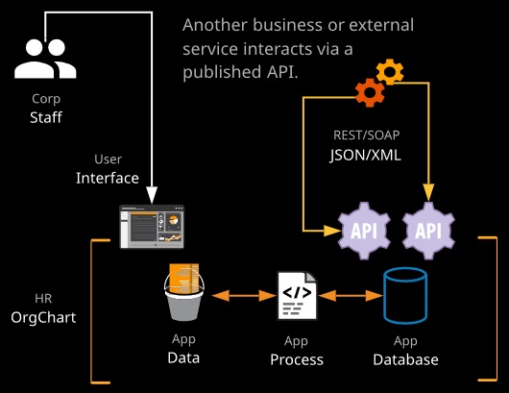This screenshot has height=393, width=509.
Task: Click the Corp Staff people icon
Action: tap(45, 59)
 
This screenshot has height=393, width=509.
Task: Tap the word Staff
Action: tap(46, 117)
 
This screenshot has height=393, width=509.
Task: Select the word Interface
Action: tap(108, 178)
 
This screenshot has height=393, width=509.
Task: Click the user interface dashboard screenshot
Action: tap(152, 227)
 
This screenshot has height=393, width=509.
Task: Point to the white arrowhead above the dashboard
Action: tap(152, 195)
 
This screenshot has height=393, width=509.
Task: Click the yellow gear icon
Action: tap(390, 72)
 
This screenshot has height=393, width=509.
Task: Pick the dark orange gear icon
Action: tap(370, 92)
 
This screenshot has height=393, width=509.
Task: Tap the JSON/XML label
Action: tap(366, 155)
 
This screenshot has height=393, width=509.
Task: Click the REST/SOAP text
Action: tap(367, 135)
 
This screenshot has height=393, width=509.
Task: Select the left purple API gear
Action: tap(364, 231)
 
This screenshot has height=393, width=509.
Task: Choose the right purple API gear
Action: tap(428, 231)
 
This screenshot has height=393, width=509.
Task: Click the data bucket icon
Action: tap(184, 292)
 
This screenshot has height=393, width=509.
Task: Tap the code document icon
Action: tap(297, 296)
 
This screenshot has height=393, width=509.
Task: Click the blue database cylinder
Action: tap(405, 296)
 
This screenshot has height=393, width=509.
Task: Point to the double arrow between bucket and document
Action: tap(244, 296)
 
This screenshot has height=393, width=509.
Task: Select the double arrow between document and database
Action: tap(351, 296)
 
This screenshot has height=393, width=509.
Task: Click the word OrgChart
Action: tap(43, 317)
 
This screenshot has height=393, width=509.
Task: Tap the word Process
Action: tap(297, 360)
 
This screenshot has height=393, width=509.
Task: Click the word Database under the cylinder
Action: tap(406, 360)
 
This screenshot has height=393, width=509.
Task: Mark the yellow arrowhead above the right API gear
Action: tap(428, 192)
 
